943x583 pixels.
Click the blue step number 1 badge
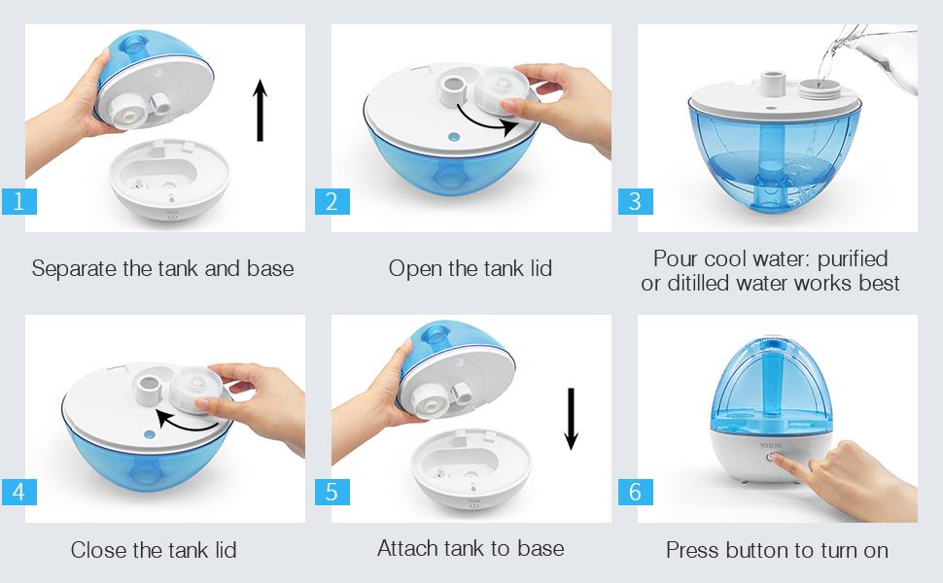tap(18, 201)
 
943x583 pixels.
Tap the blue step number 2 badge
tap(332, 201)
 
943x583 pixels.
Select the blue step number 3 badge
tap(636, 201)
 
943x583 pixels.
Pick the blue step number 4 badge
tap(18, 493)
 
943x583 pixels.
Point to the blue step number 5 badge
tap(332, 493)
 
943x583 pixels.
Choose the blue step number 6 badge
tap(636, 493)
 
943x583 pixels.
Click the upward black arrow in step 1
tap(260, 111)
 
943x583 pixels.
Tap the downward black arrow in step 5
tap(572, 419)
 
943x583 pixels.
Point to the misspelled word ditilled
tap(698, 283)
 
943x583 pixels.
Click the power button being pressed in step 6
tap(769, 458)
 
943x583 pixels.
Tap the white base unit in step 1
tap(169, 180)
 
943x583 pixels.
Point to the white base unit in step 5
tap(471, 468)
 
